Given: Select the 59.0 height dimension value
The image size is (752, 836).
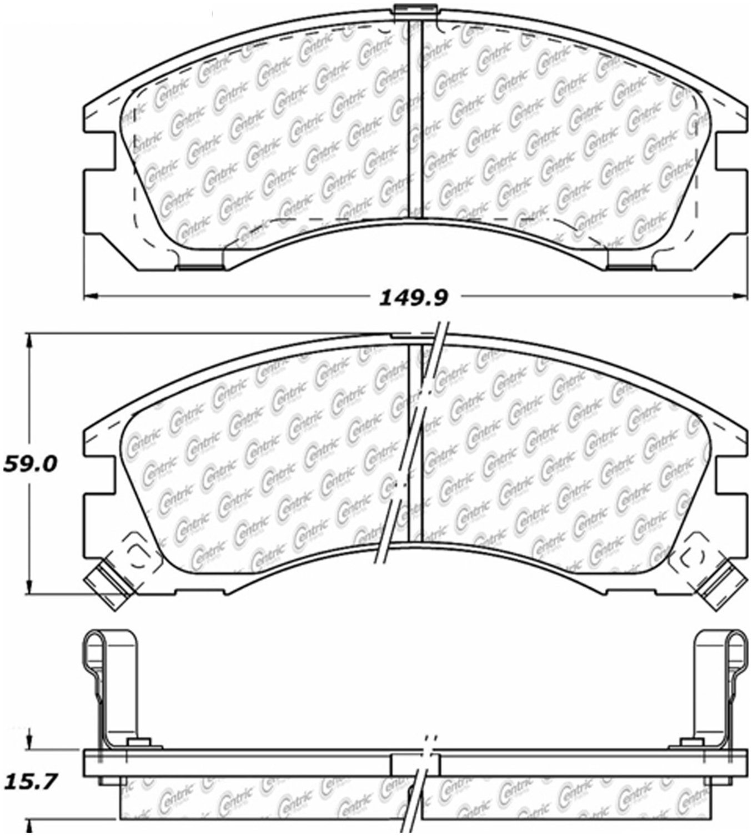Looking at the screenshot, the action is [x=30, y=464].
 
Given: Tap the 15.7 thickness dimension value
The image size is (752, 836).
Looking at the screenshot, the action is [x=29, y=782].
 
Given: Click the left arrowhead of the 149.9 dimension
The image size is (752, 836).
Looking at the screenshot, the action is [x=91, y=297].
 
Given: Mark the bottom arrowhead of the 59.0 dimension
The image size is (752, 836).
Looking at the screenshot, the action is [x=29, y=587].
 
